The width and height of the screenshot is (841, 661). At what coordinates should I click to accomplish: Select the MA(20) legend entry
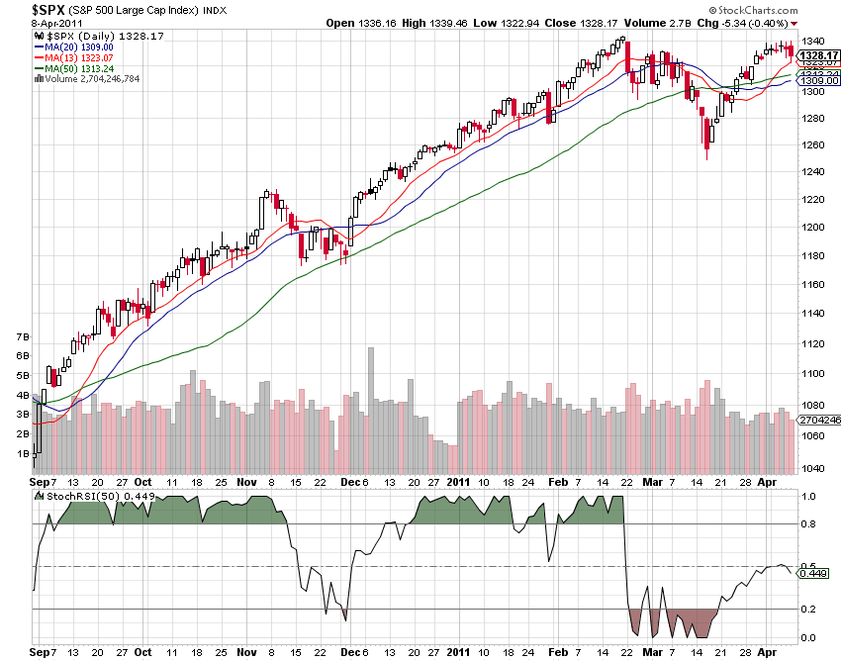coord(74,47)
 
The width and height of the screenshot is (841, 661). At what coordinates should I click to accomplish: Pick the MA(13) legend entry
coord(74,57)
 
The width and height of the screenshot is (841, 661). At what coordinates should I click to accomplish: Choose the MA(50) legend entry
coord(74,68)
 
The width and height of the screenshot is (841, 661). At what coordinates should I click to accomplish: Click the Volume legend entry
coord(89,78)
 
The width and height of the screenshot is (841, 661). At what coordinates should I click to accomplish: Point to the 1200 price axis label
coord(813,228)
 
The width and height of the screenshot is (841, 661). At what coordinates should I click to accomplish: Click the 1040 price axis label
coord(813,469)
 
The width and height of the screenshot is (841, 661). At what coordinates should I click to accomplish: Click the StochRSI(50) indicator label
coord(75,496)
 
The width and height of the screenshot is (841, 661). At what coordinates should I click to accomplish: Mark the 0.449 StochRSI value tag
coord(813,573)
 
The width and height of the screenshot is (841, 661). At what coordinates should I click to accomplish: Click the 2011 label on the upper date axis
coord(458,482)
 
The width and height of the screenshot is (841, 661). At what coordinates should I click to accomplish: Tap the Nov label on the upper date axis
coord(245,482)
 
